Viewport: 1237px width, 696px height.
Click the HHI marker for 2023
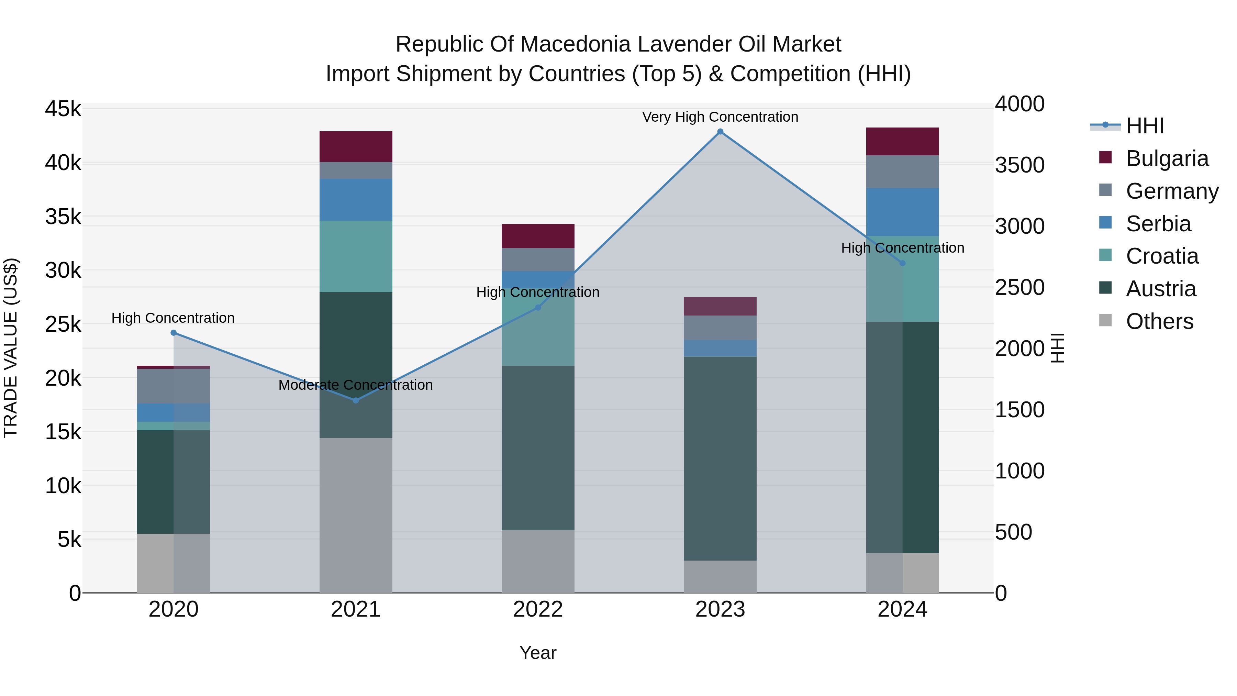pyautogui.click(x=720, y=132)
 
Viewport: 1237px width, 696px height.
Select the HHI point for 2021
pyautogui.click(x=356, y=400)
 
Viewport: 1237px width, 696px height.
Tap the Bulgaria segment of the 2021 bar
pyautogui.click(x=356, y=146)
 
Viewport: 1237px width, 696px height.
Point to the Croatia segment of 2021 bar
pyautogui.click(x=356, y=256)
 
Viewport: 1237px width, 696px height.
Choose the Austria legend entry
pyautogui.click(x=1161, y=289)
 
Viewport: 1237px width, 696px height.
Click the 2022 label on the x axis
pyautogui.click(x=538, y=609)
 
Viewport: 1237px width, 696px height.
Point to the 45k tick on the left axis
pyautogui.click(x=63, y=109)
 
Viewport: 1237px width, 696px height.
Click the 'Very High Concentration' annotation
pyautogui.click(x=720, y=117)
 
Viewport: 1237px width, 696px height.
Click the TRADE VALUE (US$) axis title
pyautogui.click(x=11, y=348)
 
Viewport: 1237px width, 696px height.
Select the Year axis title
pyautogui.click(x=538, y=653)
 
